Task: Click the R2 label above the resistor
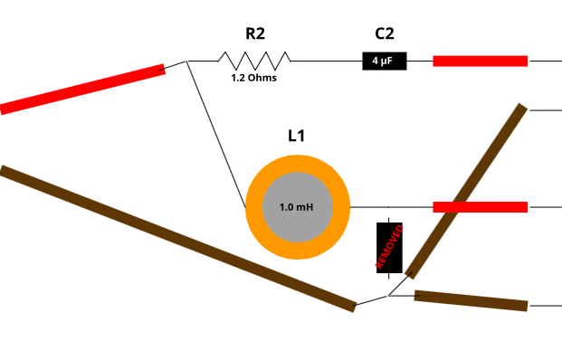point(254,34)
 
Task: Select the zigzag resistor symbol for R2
point(254,61)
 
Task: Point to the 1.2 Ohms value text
point(254,78)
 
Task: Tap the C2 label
point(385,34)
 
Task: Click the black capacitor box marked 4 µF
point(385,61)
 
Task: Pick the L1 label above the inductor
point(296,136)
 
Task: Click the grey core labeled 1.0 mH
point(297,207)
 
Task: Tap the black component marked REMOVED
point(389,247)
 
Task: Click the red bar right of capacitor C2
point(480,61)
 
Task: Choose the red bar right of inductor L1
point(480,207)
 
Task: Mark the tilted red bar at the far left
point(82,89)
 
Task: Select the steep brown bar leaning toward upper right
point(466,191)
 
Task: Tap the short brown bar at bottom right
point(471,300)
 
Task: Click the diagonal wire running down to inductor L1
point(216,135)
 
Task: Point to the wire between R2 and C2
point(326,61)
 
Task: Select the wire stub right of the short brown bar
point(544,306)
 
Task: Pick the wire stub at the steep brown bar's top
point(544,109)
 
